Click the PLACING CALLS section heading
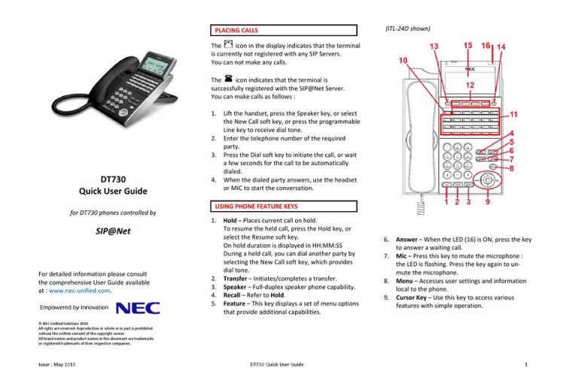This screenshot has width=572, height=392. tap(237, 31)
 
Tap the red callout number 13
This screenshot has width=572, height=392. tap(435, 47)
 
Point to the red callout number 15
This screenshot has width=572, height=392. tap(467, 45)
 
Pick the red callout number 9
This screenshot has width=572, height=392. tap(490, 202)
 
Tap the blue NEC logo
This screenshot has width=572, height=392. tap(138, 308)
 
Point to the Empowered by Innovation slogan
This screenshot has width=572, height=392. tap(73, 309)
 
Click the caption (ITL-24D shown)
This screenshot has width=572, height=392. tap(405, 29)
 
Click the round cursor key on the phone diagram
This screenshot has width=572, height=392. tap(490, 180)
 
